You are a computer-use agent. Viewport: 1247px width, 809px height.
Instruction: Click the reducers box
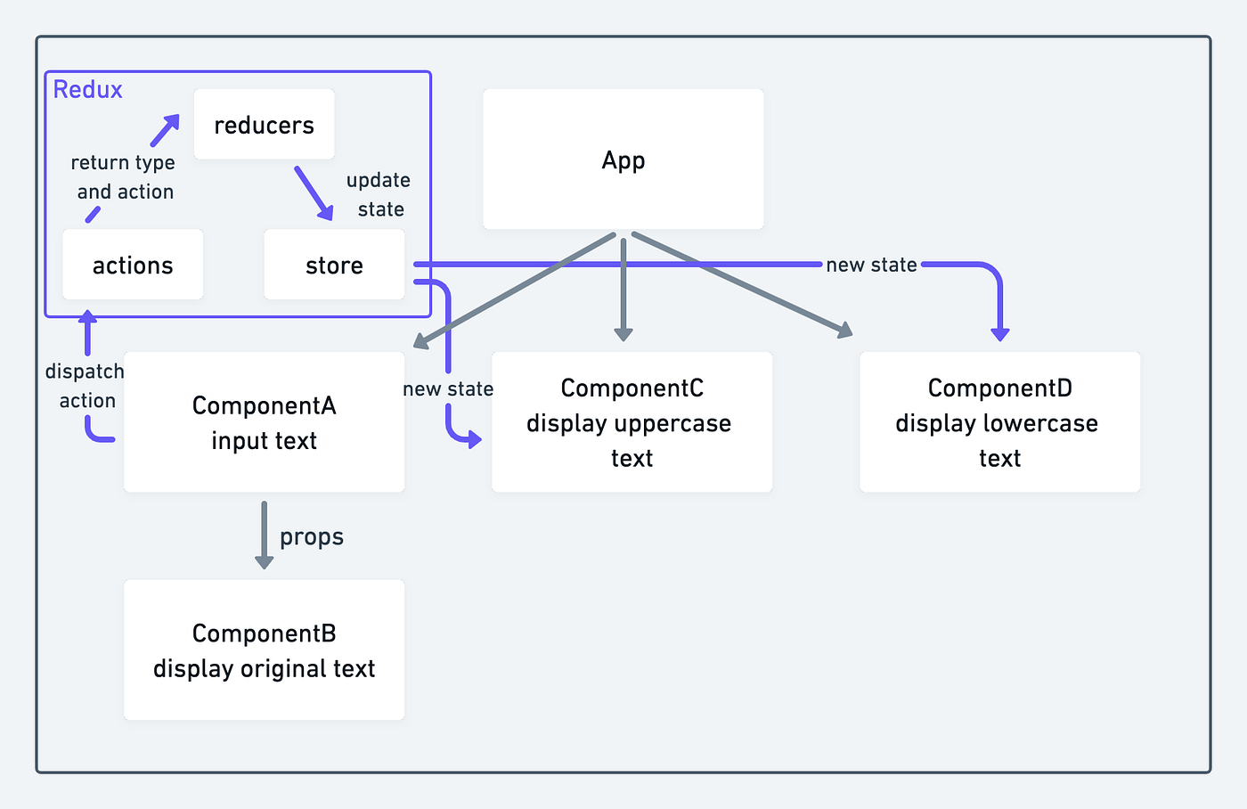pyautogui.click(x=264, y=125)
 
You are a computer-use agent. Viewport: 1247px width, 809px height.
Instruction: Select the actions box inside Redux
pyautogui.click(x=133, y=265)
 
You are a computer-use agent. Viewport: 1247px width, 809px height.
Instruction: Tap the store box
pyautogui.click(x=334, y=265)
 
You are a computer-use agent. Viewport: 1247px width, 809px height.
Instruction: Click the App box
pyautogui.click(x=623, y=159)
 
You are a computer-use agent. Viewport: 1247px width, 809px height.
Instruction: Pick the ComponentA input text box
pyautogui.click(x=264, y=422)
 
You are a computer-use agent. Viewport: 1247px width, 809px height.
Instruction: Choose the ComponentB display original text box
pyautogui.click(x=264, y=650)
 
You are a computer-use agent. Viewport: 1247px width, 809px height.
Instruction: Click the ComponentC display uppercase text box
pyautogui.click(x=632, y=422)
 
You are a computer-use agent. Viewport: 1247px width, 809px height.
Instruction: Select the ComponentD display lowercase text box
pyautogui.click(x=999, y=422)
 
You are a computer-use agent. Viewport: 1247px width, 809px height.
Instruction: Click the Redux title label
pyautogui.click(x=87, y=89)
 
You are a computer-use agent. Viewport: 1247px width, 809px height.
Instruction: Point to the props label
pyautogui.click(x=311, y=537)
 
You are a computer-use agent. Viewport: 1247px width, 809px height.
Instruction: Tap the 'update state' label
pyautogui.click(x=379, y=194)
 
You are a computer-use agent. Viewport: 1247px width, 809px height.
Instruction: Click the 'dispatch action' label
pyautogui.click(x=86, y=386)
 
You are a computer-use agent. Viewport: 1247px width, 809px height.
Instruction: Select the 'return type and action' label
pyautogui.click(x=124, y=177)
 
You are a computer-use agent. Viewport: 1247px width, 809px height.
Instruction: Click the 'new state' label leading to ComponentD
pyautogui.click(x=870, y=265)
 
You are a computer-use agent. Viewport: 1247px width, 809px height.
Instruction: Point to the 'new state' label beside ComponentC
pyautogui.click(x=448, y=389)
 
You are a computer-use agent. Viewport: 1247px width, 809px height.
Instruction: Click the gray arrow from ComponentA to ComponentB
pyautogui.click(x=264, y=535)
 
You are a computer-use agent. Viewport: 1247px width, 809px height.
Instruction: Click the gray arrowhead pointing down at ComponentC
pyautogui.click(x=623, y=334)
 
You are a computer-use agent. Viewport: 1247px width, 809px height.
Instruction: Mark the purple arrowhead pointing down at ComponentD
pyautogui.click(x=1000, y=334)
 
